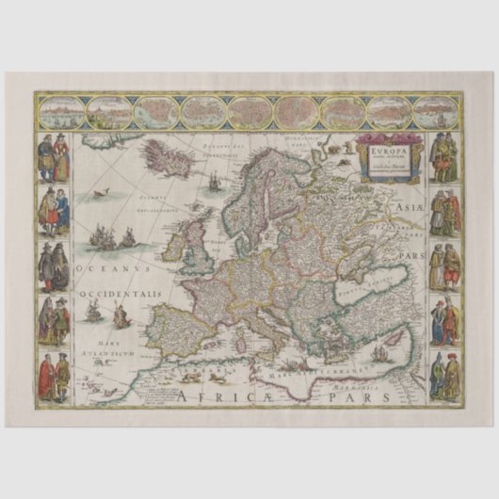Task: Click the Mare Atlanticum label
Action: (111, 347)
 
